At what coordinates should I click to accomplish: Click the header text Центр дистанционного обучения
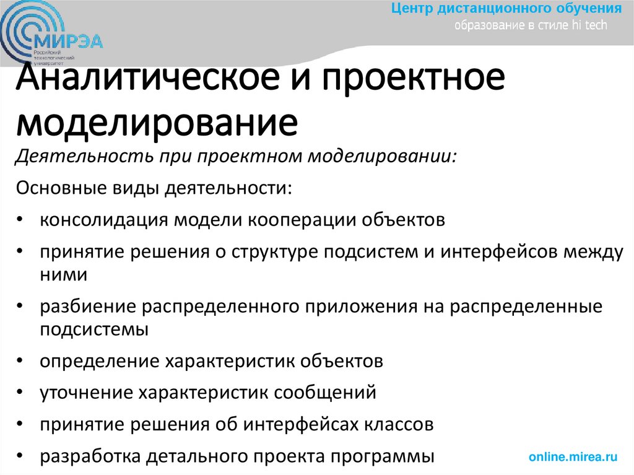point(506,9)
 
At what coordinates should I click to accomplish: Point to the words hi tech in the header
point(591,25)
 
